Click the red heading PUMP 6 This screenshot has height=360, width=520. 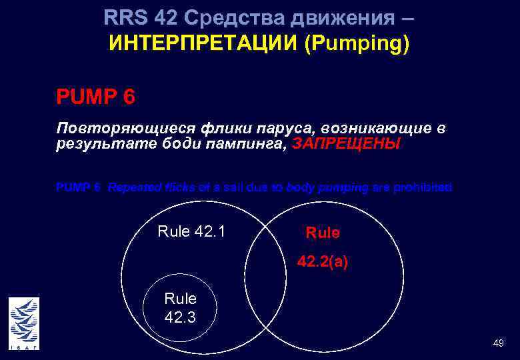tap(96, 97)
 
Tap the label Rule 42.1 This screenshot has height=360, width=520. tap(191, 232)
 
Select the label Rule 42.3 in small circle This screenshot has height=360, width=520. tap(180, 308)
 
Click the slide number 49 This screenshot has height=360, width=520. tap(498, 343)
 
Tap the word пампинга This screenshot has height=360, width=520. tap(250, 144)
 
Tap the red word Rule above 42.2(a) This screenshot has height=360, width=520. tap(323, 233)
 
